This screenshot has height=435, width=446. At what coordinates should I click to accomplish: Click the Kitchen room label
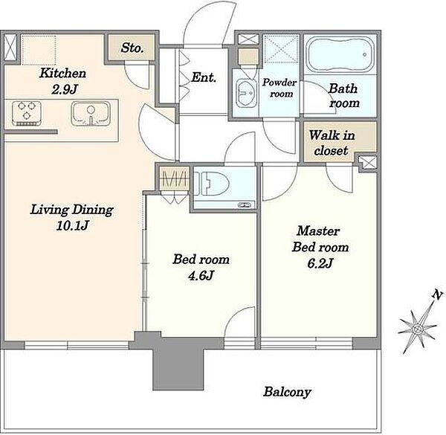62,73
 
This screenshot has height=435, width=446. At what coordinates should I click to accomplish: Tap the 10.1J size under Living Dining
73,225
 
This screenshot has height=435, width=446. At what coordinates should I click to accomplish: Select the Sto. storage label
132,48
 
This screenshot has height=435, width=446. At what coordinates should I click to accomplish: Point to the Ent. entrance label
204,77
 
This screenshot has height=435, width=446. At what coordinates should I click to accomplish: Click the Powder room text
279,88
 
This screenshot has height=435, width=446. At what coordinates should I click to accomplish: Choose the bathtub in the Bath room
340,54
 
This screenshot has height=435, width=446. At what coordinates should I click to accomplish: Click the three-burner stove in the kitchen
27,113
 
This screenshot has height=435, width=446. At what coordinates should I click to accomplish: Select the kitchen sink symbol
91,113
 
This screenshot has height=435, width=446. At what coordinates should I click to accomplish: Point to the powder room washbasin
246,93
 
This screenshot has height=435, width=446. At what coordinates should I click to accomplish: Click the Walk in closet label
332,143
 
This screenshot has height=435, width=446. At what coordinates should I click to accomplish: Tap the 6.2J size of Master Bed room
320,263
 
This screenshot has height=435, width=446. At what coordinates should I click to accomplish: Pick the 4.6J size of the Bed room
201,275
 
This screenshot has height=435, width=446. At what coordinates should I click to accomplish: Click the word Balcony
287,392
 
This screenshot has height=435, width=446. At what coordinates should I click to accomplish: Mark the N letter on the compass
438,295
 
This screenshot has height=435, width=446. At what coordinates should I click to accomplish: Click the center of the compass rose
417,329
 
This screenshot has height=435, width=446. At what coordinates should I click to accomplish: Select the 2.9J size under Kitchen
65,90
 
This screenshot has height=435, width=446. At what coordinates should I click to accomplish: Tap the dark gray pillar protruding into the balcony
178,364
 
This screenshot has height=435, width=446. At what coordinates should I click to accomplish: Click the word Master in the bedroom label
318,231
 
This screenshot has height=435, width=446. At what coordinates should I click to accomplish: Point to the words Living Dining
72,210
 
